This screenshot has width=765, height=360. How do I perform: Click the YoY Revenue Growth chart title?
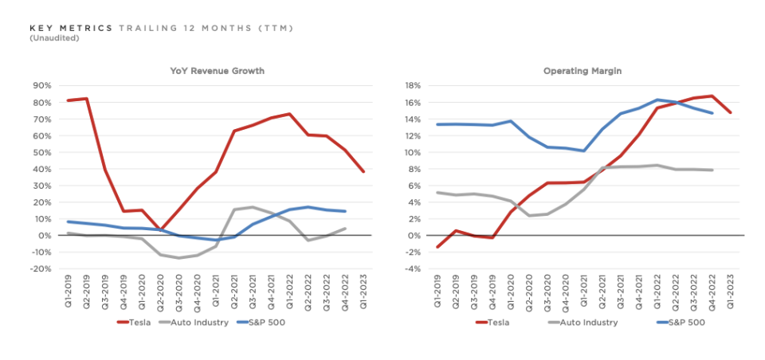pyautogui.click(x=218, y=71)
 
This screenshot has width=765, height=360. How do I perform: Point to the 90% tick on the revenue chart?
pyautogui.click(x=42, y=85)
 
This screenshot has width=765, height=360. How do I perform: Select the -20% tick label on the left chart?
pyautogui.click(x=41, y=269)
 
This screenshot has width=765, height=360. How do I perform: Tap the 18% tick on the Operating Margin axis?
pyautogui.click(x=411, y=85)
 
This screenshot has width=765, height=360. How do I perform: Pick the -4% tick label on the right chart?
pyautogui.click(x=411, y=269)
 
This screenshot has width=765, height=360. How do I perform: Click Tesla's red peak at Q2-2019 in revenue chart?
pyautogui.click(x=86, y=99)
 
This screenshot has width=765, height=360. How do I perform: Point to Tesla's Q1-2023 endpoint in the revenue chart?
pyautogui.click(x=363, y=171)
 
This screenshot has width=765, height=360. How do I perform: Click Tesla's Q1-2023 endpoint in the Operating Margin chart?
pyautogui.click(x=730, y=112)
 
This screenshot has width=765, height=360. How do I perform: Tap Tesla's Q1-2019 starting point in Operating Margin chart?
pyautogui.click(x=437, y=247)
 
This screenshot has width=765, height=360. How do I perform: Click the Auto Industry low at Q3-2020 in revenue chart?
pyautogui.click(x=178, y=258)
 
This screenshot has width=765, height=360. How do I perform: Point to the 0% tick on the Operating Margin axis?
pyautogui.click(x=414, y=236)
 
